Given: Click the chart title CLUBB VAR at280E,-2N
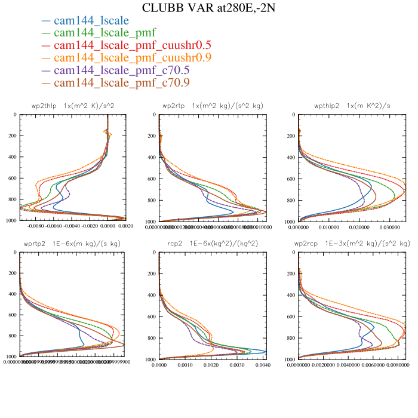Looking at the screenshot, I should point(208,8).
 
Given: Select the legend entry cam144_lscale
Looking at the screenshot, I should point(91,21).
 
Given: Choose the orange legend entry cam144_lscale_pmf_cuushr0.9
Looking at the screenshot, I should point(132,58).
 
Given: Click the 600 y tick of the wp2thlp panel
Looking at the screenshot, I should point(13,179).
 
